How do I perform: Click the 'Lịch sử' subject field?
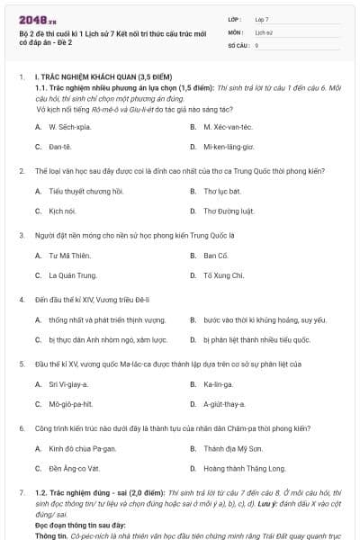[264, 31]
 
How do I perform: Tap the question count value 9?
[257, 44]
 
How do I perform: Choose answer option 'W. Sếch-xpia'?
[68, 127]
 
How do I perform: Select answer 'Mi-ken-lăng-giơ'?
[229, 146]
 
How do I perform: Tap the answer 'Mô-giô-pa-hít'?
[70, 404]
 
